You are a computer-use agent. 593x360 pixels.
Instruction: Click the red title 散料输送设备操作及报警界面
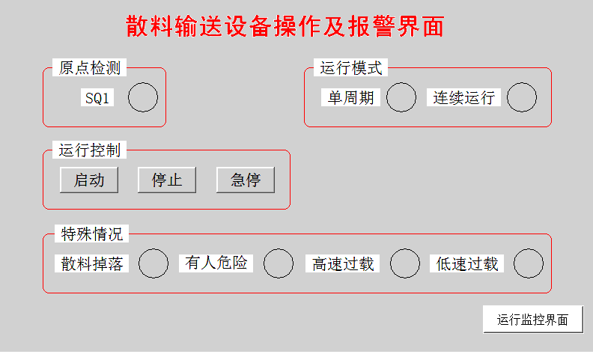pos(285,26)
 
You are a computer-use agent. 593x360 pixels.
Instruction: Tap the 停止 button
pos(166,180)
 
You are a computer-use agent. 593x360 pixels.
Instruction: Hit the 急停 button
pos(246,180)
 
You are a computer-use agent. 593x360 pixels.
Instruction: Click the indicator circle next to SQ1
pos(143,98)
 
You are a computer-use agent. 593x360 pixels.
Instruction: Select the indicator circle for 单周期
pos(401,97)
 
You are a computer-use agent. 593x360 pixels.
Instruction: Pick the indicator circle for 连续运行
pos(522,97)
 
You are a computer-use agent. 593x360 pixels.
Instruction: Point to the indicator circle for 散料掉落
pos(154,263)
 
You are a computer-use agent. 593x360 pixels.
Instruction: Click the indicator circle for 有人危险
pos(279,263)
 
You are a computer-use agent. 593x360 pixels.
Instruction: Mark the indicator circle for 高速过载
pos(405,263)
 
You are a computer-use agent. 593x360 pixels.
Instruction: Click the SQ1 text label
pos(97,98)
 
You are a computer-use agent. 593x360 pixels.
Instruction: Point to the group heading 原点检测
pos(89,68)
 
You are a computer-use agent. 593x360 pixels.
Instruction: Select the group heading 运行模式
pos(351,68)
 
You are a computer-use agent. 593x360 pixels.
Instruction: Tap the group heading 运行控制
pos(89,150)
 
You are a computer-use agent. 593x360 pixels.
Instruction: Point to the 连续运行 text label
pos(464,98)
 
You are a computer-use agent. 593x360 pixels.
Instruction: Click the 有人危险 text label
pos(216,263)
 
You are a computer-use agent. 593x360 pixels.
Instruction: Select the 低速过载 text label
pos(467,263)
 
